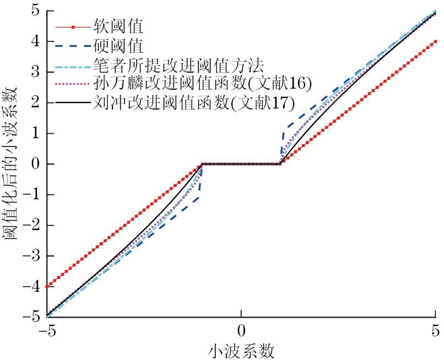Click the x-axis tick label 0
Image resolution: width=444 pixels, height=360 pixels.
(x=241, y=332)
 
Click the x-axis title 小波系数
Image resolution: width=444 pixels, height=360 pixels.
(x=241, y=350)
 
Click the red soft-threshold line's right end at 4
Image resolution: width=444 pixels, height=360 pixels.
(x=435, y=41)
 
